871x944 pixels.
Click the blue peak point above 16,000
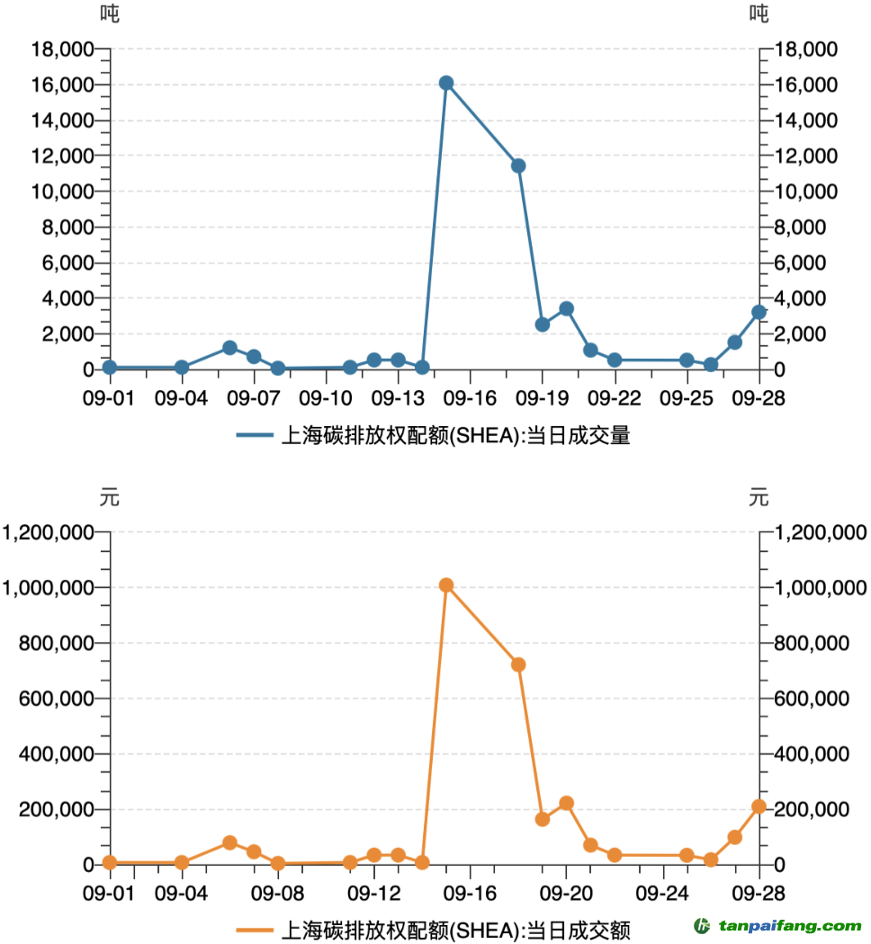(x=446, y=83)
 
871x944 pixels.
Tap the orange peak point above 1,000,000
(x=446, y=585)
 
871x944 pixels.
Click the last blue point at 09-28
(x=759, y=312)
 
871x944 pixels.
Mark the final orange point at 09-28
(x=759, y=806)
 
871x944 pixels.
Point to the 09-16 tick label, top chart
(x=470, y=397)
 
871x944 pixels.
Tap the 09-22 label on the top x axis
(x=615, y=397)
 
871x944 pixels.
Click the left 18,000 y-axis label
(x=62, y=49)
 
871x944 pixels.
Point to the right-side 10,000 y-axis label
(x=805, y=191)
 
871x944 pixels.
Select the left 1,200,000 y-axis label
(x=50, y=532)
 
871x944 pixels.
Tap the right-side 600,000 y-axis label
(x=813, y=699)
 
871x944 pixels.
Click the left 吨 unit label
(x=110, y=13)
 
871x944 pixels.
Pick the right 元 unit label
(x=759, y=497)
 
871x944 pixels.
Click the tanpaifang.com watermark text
(x=789, y=926)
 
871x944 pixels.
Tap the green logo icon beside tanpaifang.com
(x=701, y=925)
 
